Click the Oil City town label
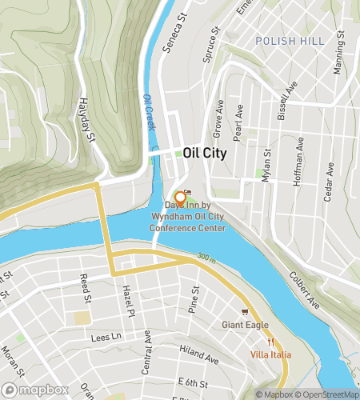point(205,153)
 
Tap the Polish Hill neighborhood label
point(286,40)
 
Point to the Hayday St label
point(86,120)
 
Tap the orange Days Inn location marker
point(180,198)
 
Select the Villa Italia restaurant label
point(269,354)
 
